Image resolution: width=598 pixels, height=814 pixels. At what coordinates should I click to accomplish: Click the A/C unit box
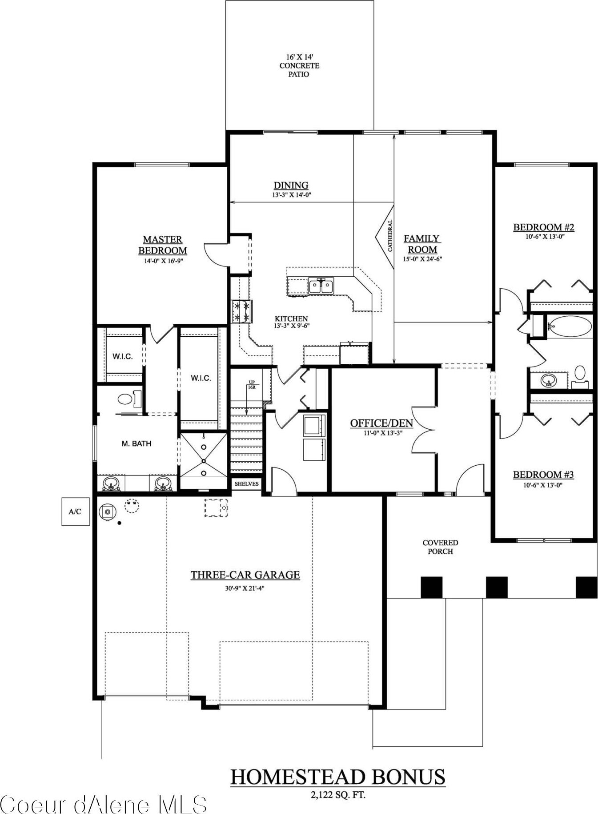(75, 512)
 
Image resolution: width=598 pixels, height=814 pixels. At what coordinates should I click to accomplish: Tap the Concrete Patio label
(299, 65)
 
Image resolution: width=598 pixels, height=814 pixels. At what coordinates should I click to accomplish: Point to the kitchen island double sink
(321, 286)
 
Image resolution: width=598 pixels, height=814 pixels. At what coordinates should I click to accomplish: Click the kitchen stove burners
(241, 311)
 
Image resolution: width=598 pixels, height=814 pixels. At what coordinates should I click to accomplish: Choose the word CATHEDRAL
(390, 236)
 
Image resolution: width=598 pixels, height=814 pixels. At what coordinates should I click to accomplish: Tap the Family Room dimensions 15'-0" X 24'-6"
(422, 259)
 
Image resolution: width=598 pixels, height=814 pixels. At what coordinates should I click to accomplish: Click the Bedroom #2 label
(544, 227)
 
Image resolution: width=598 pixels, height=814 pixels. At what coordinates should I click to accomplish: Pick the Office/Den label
(381, 423)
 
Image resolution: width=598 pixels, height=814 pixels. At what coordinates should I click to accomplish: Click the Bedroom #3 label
(543, 475)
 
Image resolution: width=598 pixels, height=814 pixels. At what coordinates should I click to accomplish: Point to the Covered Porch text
(440, 547)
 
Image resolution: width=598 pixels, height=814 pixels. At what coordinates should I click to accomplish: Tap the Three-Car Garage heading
(245, 575)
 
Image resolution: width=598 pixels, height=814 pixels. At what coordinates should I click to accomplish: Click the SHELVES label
(246, 484)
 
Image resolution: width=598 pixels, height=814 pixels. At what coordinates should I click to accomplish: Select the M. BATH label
(136, 443)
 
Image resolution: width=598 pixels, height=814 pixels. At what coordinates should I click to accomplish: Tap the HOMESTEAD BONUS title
(337, 777)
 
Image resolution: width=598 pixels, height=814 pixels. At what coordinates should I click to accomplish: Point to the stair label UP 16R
(252, 385)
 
